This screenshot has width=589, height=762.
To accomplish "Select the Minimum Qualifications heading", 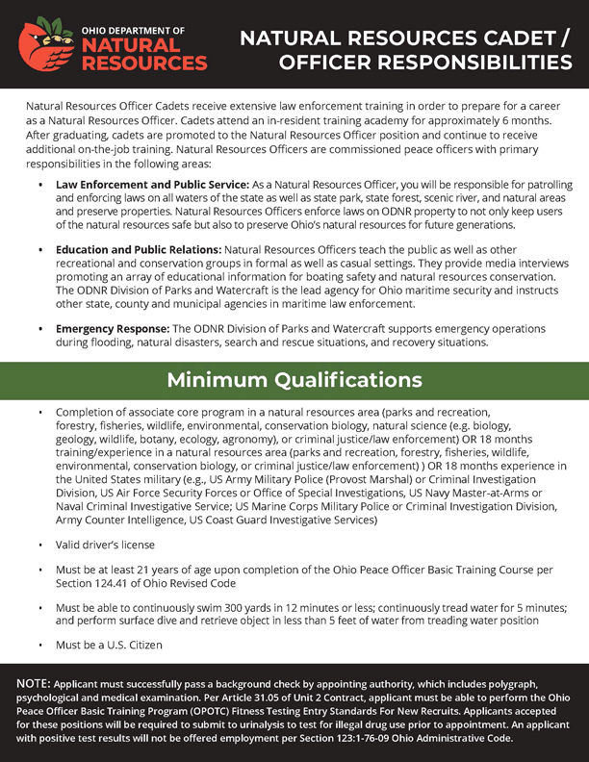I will point(294,380).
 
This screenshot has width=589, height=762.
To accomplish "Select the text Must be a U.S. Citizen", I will point(109,645).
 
